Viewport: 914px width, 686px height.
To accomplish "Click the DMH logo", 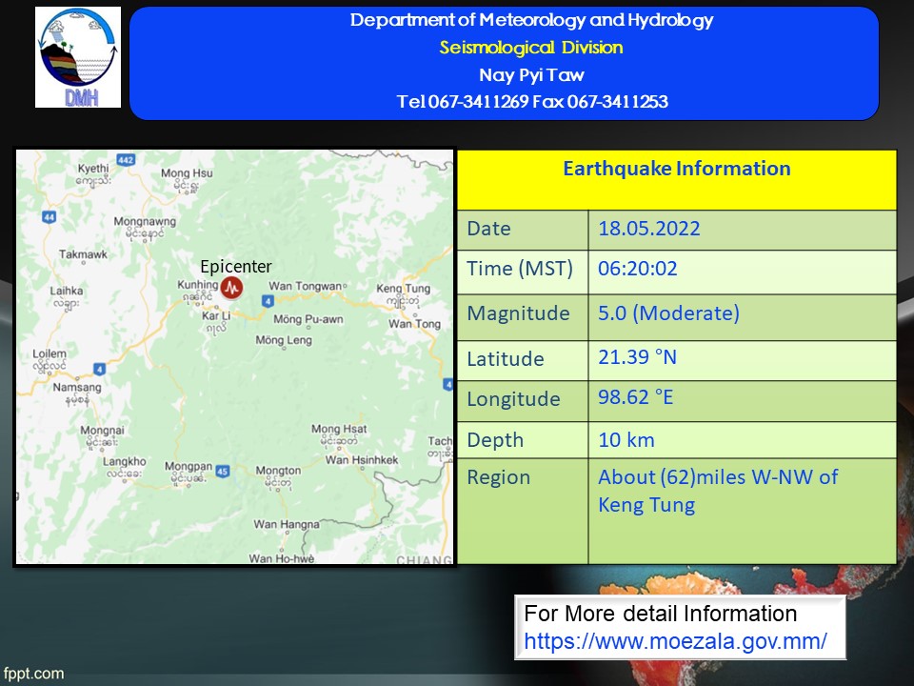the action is [78, 57].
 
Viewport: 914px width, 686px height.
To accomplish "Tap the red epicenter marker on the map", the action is [232, 288].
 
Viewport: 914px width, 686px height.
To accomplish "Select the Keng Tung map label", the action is [404, 288].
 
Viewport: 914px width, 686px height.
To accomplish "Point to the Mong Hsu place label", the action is [188, 173].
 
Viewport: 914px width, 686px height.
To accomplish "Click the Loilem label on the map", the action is [50, 353].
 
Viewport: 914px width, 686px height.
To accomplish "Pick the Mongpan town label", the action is [189, 466].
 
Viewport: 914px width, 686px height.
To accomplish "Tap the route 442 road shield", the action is [126, 159].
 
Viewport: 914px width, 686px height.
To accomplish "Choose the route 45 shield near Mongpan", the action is [223, 471].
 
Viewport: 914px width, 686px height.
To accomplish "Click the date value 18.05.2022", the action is [649, 228].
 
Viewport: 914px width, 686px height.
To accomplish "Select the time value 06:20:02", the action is [638, 269].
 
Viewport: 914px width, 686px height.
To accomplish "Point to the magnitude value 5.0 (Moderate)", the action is [668, 313].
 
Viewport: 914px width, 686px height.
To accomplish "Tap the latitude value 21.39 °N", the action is [637, 357].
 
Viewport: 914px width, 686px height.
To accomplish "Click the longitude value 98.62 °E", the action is [635, 397].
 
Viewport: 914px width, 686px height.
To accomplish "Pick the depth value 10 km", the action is [626, 440].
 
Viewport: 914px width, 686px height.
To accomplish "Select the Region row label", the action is [498, 477].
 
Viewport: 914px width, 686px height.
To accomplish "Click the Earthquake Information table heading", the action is [677, 169].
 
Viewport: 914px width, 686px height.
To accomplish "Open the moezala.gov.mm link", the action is [675, 641].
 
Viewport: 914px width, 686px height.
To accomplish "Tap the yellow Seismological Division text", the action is [531, 48].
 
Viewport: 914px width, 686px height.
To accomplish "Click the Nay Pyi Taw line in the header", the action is [531, 74].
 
